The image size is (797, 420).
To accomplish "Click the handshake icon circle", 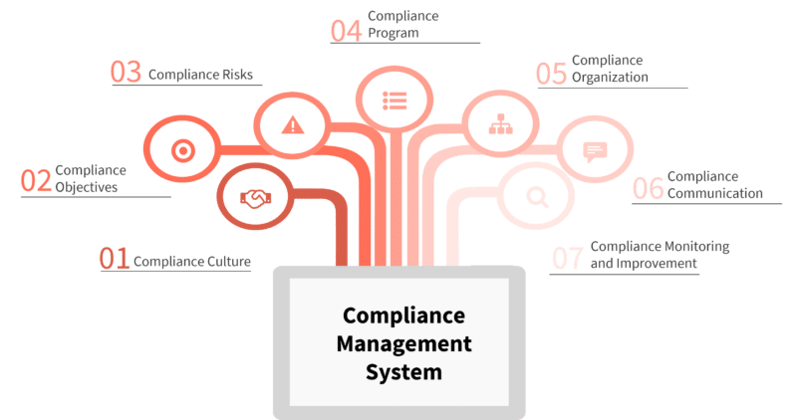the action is point(254,198).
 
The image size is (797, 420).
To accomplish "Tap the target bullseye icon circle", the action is point(181,150).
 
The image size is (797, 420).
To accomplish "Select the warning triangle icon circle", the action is point(291,124).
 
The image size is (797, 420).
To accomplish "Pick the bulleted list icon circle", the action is point(396,101).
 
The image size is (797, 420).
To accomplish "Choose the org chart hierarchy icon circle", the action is point(499,125).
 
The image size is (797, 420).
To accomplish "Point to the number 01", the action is point(114,260).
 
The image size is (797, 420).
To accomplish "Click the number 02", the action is point(36,181).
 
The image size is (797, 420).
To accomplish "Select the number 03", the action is point(126,73).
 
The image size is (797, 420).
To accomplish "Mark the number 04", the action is point(346,29).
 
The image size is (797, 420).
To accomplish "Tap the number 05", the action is point(551,73).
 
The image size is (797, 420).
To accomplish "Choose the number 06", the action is point(648,188).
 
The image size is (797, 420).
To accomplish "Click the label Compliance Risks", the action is point(200,74).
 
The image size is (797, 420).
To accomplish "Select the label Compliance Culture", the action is point(191,263).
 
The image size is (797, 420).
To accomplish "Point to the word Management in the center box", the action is point(403,345).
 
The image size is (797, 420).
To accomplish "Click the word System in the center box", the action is point(403,374).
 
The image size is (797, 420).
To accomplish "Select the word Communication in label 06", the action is point(714,193).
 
